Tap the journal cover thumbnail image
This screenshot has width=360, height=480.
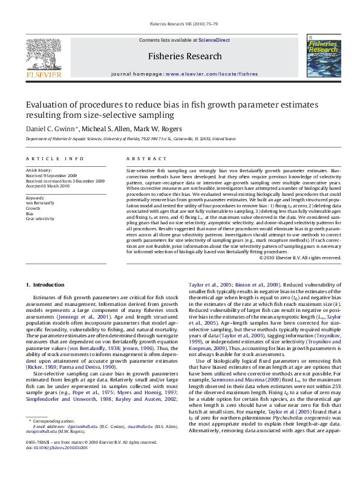pos(318,58)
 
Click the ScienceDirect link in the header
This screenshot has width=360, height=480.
pos(214,40)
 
